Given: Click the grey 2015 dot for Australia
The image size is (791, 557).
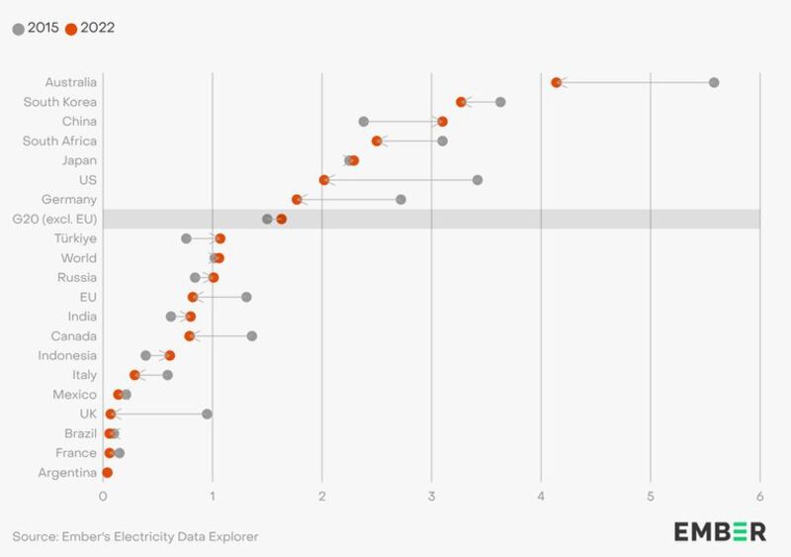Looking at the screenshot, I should [714, 82].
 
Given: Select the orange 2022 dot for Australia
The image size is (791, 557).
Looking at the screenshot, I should [556, 82].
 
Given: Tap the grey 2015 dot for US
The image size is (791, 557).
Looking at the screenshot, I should [478, 180].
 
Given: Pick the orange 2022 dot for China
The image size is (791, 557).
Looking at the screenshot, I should [442, 122].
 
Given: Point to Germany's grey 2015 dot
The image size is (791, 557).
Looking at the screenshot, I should [400, 200].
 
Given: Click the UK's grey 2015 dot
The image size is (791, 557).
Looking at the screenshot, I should [207, 414].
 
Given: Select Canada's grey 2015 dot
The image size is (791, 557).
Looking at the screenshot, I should [252, 336].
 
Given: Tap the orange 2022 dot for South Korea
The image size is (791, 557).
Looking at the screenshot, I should [461, 102].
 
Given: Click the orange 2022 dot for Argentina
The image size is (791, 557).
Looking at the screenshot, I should [107, 473].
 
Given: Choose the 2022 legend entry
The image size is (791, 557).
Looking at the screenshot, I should [90, 28].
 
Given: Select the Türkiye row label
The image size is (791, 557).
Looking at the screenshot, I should [75, 238].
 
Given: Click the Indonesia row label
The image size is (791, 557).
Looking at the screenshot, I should [67, 355].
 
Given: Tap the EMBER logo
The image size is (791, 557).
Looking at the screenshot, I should [720, 531].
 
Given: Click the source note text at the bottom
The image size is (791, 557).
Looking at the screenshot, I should [135, 536].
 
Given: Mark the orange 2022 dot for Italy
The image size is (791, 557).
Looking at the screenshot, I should [134, 375].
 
